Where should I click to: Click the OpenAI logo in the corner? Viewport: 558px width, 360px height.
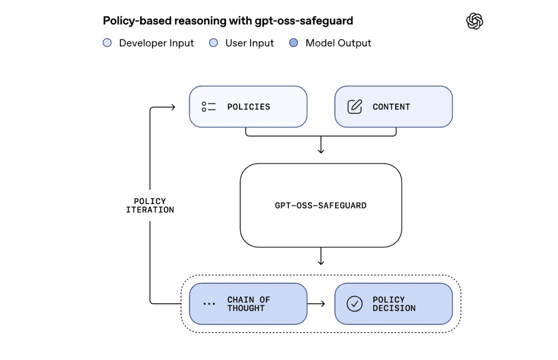[x=474, y=21]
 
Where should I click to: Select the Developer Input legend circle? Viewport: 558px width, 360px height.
[x=107, y=43]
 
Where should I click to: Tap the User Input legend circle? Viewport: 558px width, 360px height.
[x=213, y=43]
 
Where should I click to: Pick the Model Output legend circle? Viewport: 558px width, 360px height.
[x=293, y=43]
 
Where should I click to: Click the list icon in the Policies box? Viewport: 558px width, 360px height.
[x=209, y=107]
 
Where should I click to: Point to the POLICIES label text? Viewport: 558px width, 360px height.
[x=249, y=107]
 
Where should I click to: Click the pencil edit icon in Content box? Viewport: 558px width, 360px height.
[x=354, y=107]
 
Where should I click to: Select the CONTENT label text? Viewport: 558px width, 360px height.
[x=391, y=107]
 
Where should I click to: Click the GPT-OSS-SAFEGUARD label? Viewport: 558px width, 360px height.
[x=320, y=206]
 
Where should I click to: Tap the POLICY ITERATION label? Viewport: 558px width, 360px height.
[x=150, y=206]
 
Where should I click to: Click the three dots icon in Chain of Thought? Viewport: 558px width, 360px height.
[x=209, y=304]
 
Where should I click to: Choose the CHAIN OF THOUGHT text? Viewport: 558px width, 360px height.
[x=249, y=304]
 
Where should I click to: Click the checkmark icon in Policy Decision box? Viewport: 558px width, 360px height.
[x=354, y=304]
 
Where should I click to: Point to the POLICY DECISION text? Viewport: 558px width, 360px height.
[x=394, y=304]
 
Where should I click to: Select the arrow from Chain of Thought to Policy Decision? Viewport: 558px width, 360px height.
[x=316, y=304]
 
